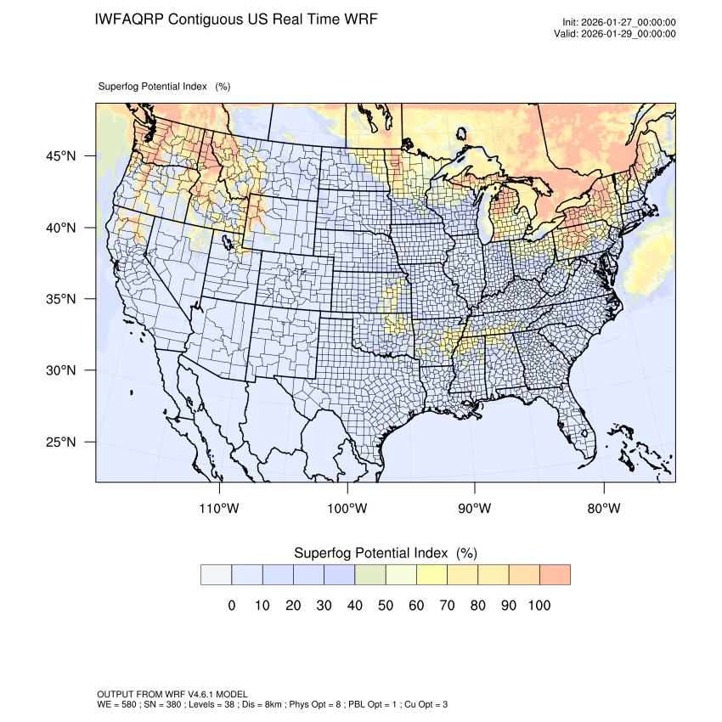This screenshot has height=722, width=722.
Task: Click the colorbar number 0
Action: pos(231,606)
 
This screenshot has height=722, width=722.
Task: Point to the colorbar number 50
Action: pos(386,606)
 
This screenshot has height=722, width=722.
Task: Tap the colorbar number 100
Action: pos(539,606)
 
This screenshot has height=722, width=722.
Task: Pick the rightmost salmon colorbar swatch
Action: pos(555,574)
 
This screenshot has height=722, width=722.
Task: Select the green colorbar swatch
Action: pos(370,574)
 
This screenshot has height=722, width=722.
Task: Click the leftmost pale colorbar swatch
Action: pos(216,574)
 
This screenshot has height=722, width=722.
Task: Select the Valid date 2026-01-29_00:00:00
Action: pos(626,34)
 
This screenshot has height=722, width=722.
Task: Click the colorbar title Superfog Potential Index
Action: pos(370,553)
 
